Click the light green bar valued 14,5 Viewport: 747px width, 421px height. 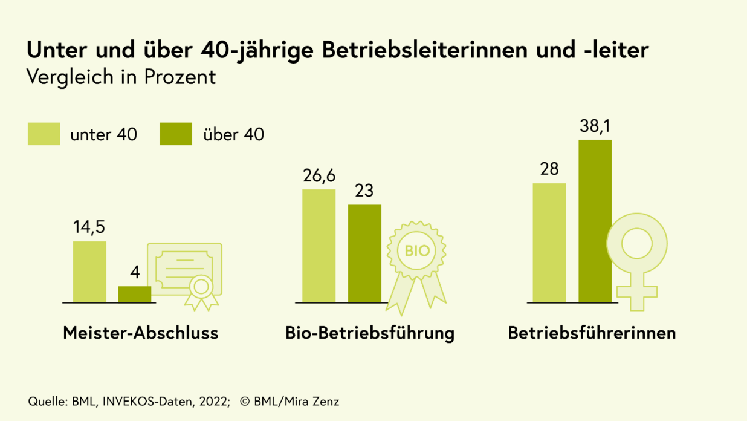(x=89, y=272)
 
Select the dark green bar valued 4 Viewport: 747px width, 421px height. (x=134, y=294)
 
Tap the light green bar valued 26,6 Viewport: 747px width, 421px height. (x=319, y=246)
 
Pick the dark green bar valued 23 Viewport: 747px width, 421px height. (x=364, y=253)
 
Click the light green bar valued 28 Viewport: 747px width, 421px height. (x=549, y=243)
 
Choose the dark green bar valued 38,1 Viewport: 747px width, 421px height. (x=595, y=221)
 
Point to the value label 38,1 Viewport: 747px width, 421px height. (x=595, y=128)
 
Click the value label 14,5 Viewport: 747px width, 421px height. (x=89, y=227)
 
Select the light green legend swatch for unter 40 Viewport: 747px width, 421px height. (x=44, y=134)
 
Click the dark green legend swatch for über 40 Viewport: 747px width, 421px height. (x=176, y=134)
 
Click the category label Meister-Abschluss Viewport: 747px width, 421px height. (x=141, y=333)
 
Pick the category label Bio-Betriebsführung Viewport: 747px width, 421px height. (x=370, y=333)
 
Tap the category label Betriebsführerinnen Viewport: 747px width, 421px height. (x=592, y=333)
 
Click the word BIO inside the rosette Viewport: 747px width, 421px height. (x=417, y=250)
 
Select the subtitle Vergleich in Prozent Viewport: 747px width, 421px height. (x=121, y=78)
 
